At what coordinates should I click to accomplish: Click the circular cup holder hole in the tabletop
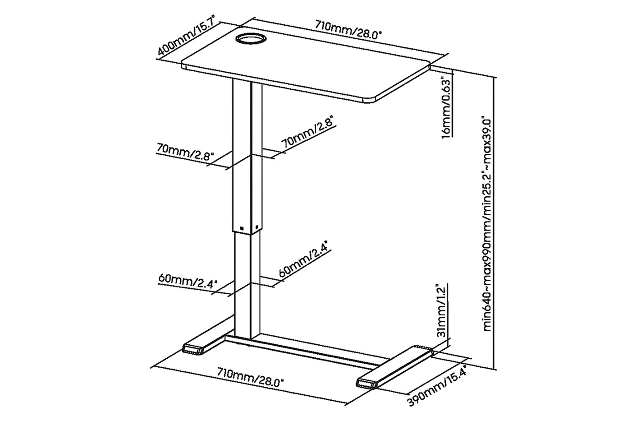coord(251,39)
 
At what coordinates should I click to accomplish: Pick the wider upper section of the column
coord(247,157)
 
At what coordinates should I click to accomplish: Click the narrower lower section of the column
coord(247,285)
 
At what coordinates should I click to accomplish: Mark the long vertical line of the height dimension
coord(495,223)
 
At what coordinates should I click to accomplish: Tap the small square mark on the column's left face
coord(242,227)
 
